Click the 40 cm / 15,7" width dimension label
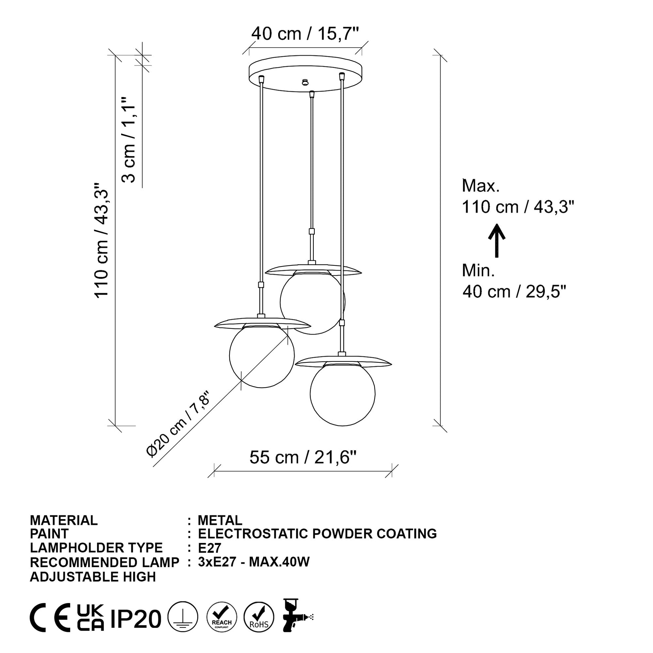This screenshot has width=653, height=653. [x=305, y=34]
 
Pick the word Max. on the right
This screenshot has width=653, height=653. [x=481, y=186]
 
